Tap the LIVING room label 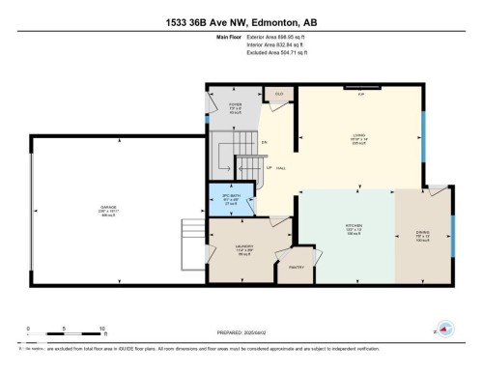357,136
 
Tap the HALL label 280,169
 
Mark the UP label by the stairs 269,166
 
